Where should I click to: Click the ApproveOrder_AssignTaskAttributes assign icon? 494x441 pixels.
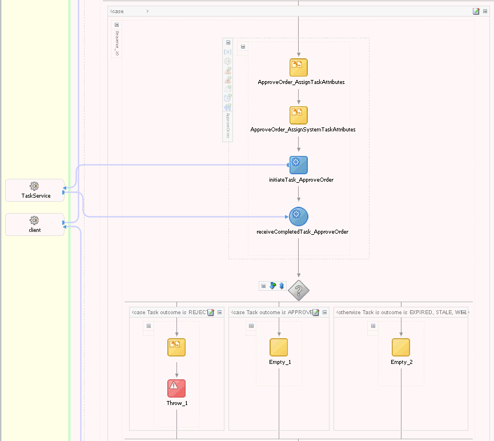tap(298, 67)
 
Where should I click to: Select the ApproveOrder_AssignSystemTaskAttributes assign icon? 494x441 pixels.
tap(298, 115)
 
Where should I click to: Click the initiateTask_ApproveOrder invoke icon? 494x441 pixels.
tap(298, 165)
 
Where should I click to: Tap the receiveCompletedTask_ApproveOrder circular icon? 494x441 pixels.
tap(298, 217)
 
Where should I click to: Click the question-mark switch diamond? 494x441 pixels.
tap(298, 290)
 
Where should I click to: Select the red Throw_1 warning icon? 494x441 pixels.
tap(176, 388)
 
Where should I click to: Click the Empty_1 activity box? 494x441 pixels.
tap(279, 347)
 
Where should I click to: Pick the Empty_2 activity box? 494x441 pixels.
tap(401, 347)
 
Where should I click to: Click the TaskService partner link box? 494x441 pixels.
tap(34, 190)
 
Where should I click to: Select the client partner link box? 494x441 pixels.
tap(34, 224)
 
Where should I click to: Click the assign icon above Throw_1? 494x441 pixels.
tap(176, 347)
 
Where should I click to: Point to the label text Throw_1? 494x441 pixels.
tap(177, 403)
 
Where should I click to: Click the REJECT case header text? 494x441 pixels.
tap(168, 312)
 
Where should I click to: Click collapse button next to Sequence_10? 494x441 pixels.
tap(117, 25)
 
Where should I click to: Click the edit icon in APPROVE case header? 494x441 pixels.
tap(316, 312)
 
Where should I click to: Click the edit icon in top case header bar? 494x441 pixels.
tap(476, 11)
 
